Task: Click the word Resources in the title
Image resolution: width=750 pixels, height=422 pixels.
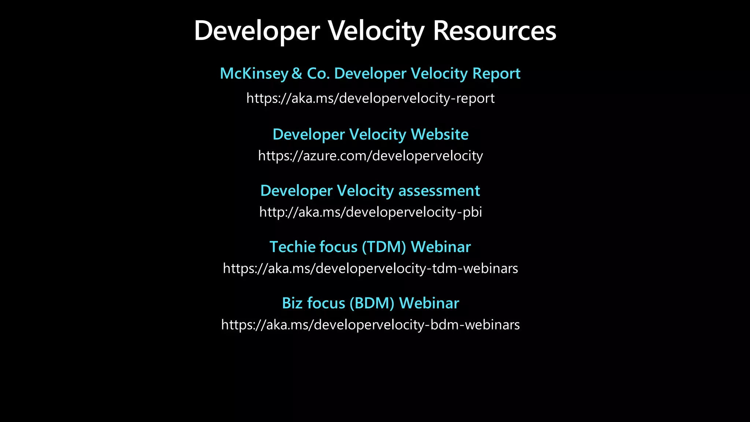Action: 494,31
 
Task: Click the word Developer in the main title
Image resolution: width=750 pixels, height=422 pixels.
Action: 257,31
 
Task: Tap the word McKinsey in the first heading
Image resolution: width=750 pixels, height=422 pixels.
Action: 254,74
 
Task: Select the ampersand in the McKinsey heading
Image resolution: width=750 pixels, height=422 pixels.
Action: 297,74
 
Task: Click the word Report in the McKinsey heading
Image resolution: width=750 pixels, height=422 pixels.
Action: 496,74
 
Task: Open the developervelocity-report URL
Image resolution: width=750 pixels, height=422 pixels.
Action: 370,98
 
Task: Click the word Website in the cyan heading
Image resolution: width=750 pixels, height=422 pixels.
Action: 439,134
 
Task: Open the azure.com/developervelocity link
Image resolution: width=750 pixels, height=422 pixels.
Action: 370,156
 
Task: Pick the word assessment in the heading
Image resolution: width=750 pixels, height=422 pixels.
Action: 439,191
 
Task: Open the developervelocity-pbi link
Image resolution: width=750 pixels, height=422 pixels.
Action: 370,212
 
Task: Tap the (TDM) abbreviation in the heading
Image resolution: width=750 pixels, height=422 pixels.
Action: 384,247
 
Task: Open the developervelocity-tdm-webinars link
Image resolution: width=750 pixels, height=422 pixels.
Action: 370,269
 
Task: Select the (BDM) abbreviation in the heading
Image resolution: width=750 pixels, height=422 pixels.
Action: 372,303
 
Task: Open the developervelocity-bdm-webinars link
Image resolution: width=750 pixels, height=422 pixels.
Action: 370,325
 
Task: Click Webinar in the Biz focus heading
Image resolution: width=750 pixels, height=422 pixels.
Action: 429,303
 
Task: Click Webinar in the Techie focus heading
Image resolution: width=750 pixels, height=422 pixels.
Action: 441,247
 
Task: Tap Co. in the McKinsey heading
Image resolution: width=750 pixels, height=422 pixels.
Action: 318,74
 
